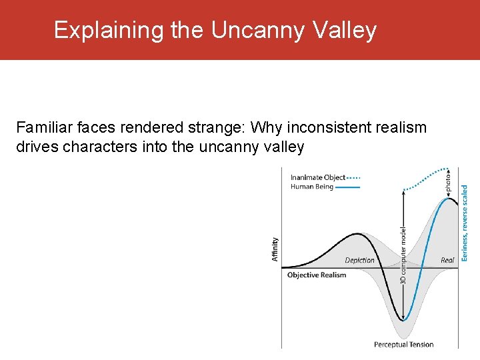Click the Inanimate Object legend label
(x=318, y=177)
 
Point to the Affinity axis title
(x=275, y=249)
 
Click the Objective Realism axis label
(x=317, y=275)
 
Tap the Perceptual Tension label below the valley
(x=403, y=345)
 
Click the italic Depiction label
(x=359, y=260)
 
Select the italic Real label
(x=447, y=260)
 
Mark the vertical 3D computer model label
(x=403, y=255)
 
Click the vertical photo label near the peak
(x=447, y=180)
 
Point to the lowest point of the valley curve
(x=403, y=321)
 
